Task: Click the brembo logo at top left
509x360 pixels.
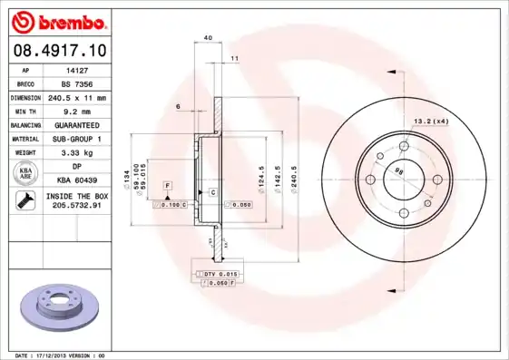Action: pyautogui.click(x=58, y=21)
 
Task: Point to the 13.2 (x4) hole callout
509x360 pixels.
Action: pyautogui.click(x=432, y=121)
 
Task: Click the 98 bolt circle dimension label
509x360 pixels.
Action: pyautogui.click(x=398, y=170)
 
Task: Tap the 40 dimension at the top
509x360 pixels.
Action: pyautogui.click(x=208, y=37)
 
